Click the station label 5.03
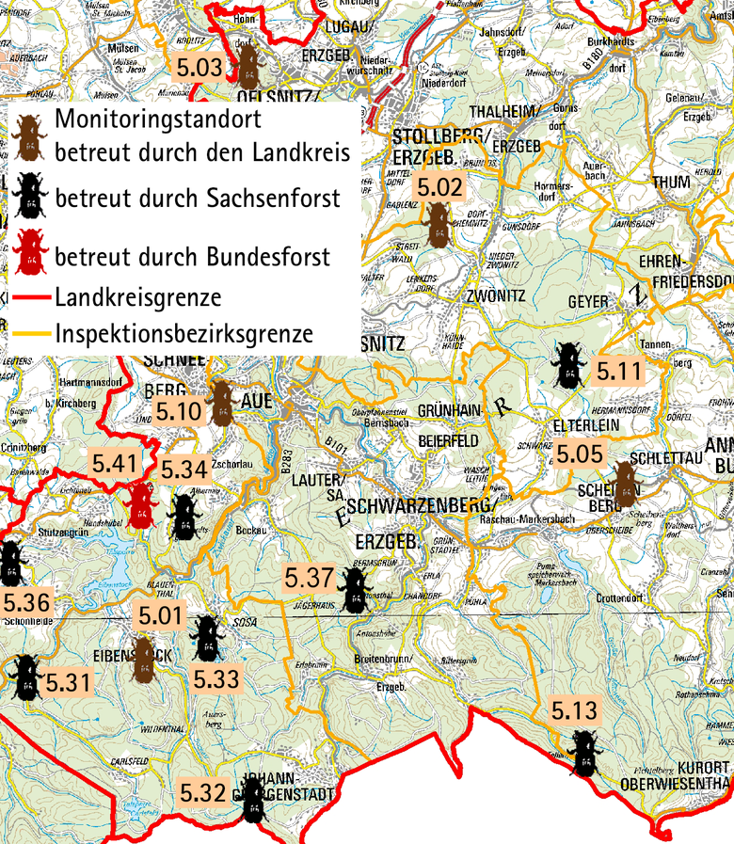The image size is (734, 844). tap(200, 68)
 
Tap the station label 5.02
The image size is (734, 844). tap(439, 187)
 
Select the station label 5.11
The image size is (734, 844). tap(617, 372)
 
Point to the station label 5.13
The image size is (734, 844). tap(574, 710)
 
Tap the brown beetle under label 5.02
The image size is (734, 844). tap(436, 227)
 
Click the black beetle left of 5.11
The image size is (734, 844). tap(567, 365)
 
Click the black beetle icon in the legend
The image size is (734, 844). tap(31, 194)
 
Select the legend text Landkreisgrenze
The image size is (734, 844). tap(138, 298)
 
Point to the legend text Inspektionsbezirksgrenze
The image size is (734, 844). tap(183, 333)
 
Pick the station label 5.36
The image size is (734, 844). tap(27, 601)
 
